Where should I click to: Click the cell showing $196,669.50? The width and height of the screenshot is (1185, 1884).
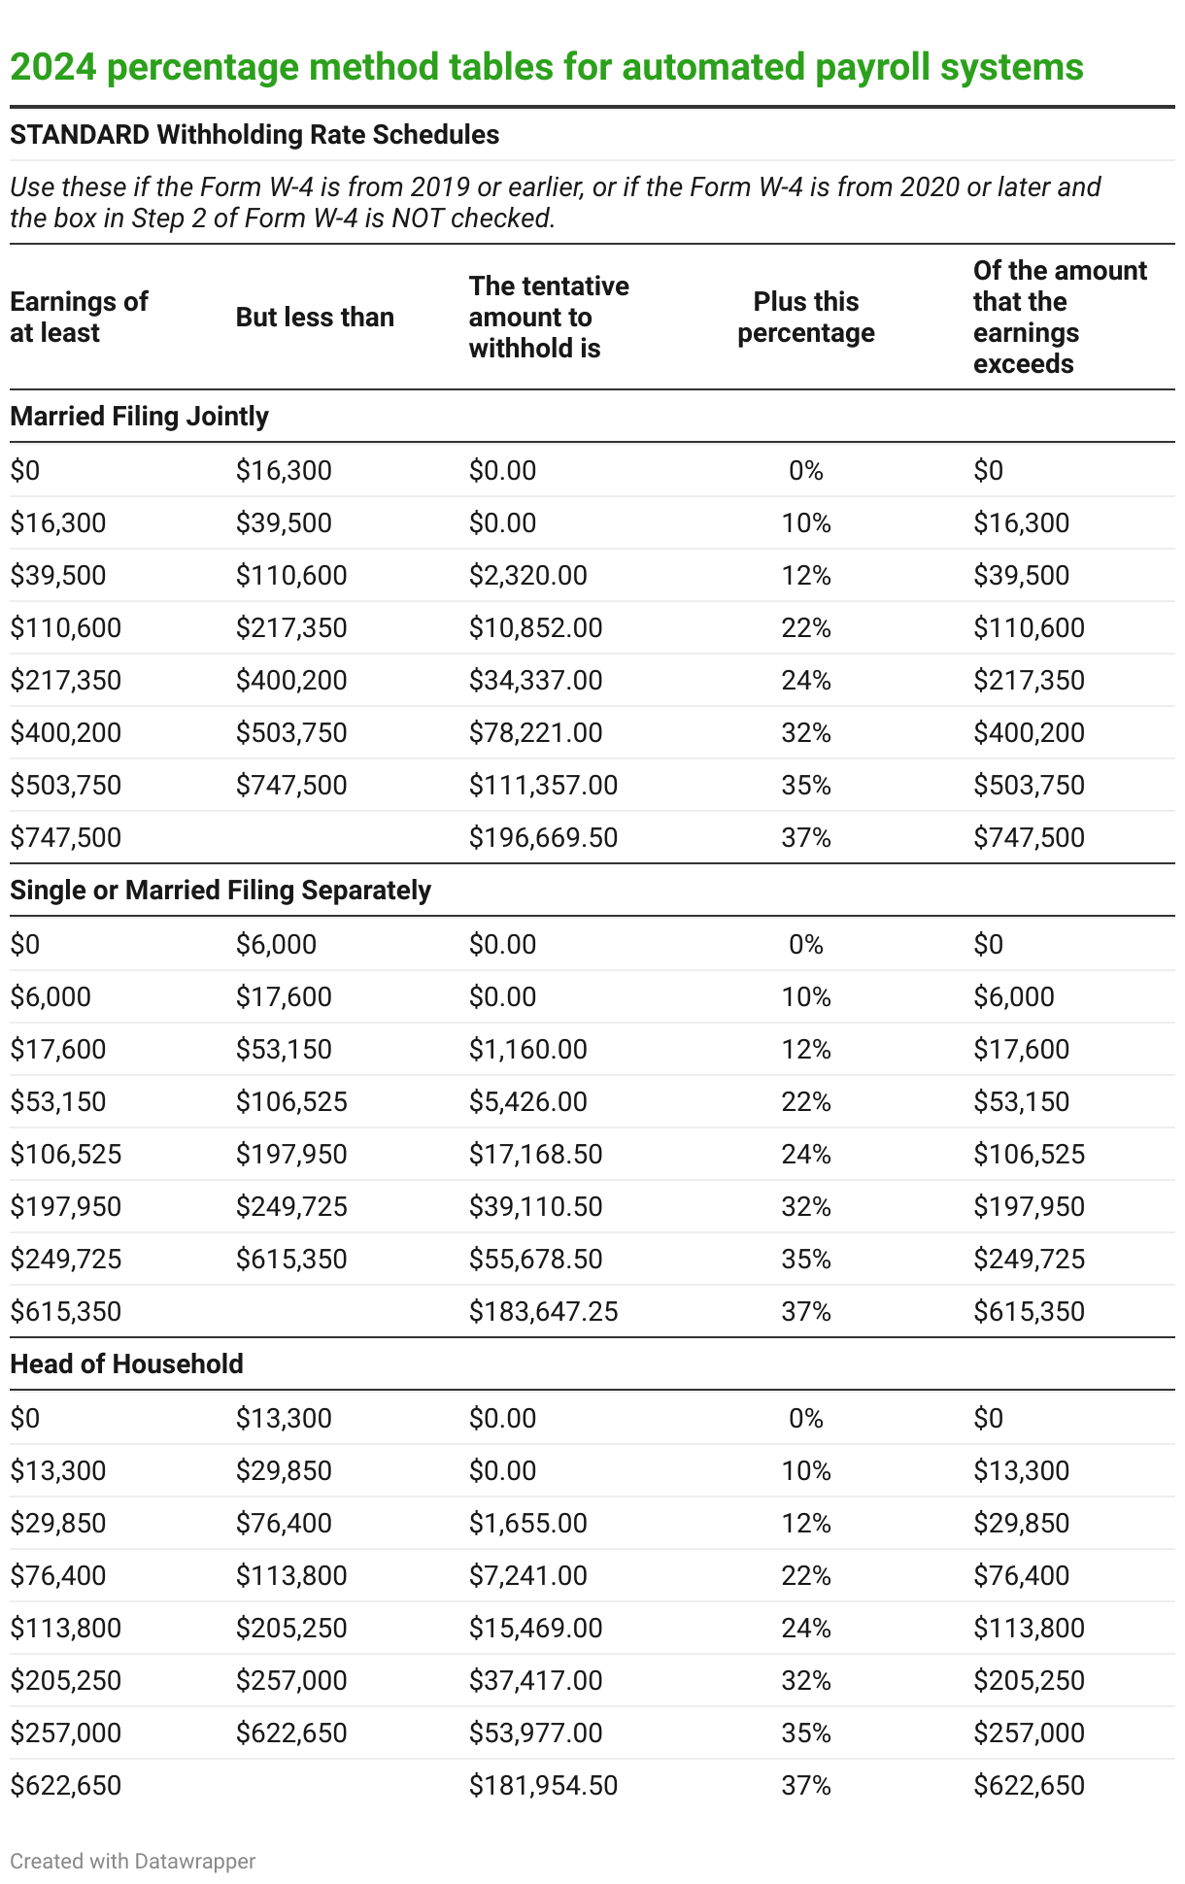coord(543,837)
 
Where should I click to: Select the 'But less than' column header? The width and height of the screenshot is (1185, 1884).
coord(315,318)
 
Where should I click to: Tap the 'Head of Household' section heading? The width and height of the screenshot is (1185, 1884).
coord(126,1363)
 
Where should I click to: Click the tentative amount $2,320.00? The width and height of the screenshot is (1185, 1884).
coord(527,576)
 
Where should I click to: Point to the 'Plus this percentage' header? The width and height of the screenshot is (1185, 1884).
coord(805,318)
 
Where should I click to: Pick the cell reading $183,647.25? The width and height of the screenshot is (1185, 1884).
coord(543,1311)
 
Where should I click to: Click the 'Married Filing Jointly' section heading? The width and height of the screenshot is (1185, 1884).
coord(139,416)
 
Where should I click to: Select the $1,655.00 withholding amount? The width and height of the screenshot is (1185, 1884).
coord(527,1523)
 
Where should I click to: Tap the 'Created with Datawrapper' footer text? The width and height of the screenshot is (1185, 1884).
coord(133,1861)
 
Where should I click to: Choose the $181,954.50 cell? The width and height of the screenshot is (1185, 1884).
coord(543,1785)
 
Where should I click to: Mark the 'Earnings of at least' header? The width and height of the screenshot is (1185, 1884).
coord(79,318)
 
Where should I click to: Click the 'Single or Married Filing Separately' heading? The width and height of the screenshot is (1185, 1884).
coord(220,890)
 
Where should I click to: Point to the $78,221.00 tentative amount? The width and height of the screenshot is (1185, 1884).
coord(535,733)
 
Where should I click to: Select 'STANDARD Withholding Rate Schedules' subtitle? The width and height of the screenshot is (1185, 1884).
coord(254,134)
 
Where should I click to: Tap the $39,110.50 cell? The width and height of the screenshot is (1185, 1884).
coord(535,1206)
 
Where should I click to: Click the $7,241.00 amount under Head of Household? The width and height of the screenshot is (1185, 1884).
coord(527,1575)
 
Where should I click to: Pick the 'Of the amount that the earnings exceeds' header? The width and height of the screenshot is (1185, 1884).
coord(1059,318)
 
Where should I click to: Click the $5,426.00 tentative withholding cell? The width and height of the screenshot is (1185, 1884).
coord(527,1101)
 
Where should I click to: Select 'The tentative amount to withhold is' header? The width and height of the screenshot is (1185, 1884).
coord(549,318)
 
